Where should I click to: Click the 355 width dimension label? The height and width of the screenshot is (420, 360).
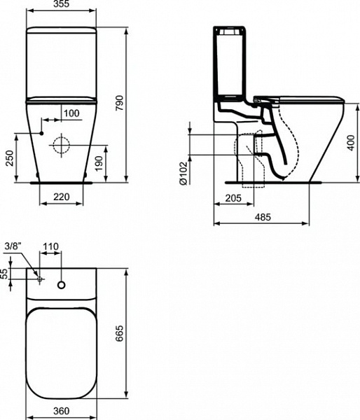[61, 3]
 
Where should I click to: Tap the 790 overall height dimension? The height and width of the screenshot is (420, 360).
[119, 103]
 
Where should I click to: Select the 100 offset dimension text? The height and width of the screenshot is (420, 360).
[71, 113]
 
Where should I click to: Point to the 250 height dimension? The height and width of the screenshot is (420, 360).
[9, 158]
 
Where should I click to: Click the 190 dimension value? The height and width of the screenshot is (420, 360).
[99, 164]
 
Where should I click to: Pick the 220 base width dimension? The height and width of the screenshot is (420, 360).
[62, 197]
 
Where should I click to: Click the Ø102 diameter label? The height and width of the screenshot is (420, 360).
[183, 173]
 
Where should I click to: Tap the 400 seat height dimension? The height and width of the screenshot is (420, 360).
[351, 143]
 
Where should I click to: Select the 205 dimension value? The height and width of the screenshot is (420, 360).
[233, 198]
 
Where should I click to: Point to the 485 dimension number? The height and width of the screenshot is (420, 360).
[263, 217]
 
